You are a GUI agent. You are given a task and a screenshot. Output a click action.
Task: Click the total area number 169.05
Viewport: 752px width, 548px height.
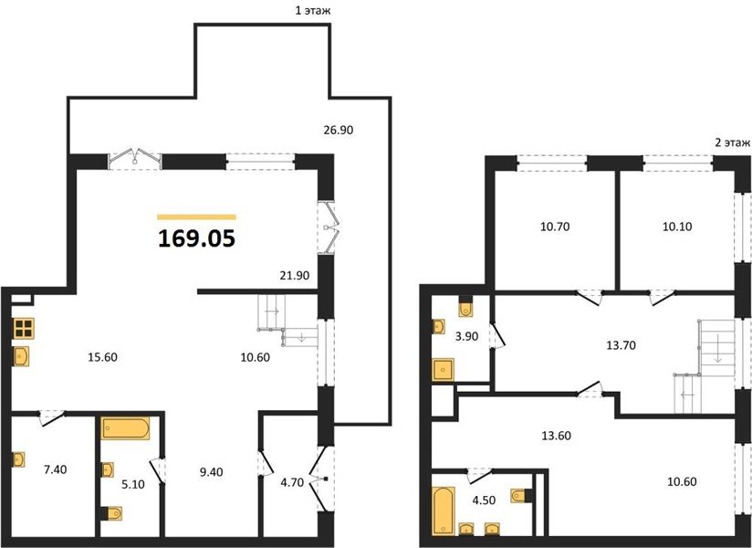tap(196, 238)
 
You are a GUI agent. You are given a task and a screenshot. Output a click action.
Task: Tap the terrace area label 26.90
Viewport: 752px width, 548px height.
tap(338, 130)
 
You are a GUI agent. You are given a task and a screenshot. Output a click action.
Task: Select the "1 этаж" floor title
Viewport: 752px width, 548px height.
tap(313, 11)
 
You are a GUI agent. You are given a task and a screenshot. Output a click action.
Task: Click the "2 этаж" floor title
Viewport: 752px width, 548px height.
tap(731, 142)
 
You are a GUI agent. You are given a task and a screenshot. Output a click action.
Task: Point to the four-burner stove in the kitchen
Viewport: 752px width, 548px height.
tap(23, 328)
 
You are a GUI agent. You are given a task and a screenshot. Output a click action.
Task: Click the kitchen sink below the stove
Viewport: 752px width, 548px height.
tap(21, 356)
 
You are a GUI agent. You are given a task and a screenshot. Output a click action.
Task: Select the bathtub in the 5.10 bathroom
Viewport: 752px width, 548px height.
tap(125, 428)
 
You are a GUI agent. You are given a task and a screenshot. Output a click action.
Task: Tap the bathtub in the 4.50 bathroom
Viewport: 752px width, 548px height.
tap(443, 511)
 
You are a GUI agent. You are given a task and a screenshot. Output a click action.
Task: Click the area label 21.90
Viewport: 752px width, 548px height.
tap(295, 276)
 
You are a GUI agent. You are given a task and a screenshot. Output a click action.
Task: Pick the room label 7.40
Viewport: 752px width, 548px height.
tap(55, 469)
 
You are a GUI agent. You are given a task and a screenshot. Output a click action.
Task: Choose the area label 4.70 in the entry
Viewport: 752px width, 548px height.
tap(292, 483)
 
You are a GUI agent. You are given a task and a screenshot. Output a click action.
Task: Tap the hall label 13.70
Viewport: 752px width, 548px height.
tap(621, 345)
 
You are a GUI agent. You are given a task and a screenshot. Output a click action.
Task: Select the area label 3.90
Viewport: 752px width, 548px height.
tap(466, 336)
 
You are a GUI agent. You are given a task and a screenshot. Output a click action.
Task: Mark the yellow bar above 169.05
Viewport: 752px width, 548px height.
tap(196, 216)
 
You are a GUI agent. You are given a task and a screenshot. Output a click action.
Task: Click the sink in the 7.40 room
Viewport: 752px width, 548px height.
tap(18, 459)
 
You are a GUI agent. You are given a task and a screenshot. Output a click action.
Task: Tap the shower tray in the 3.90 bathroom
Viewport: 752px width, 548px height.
tap(444, 370)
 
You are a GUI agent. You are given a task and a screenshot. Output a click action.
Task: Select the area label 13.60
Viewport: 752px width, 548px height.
tap(557, 436)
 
